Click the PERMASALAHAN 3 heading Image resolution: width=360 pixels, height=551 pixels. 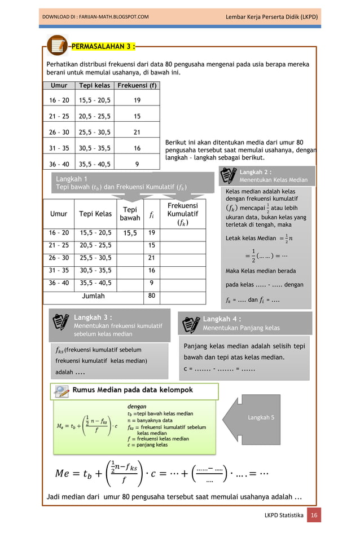coord(105,45)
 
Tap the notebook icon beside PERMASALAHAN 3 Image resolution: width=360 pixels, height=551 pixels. coord(58,46)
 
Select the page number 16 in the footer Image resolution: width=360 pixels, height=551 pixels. coord(314,515)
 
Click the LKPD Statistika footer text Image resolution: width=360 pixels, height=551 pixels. coord(284,515)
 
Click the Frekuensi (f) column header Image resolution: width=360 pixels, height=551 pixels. coord(137,86)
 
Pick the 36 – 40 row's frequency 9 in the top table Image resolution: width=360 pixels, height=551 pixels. coord(137,165)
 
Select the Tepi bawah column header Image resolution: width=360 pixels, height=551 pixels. coord(130,214)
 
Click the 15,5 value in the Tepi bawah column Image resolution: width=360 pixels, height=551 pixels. coord(130,233)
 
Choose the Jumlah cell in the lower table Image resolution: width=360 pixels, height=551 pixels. coord(93,296)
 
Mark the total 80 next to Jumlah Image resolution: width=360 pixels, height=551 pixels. coord(152,296)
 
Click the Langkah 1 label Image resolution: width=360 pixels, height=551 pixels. coord(71,179)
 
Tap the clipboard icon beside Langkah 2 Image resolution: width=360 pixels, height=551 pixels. coord(229,176)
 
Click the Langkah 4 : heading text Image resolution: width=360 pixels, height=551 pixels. coord(222,319)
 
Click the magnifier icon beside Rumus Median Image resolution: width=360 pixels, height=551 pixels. coord(62,390)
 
